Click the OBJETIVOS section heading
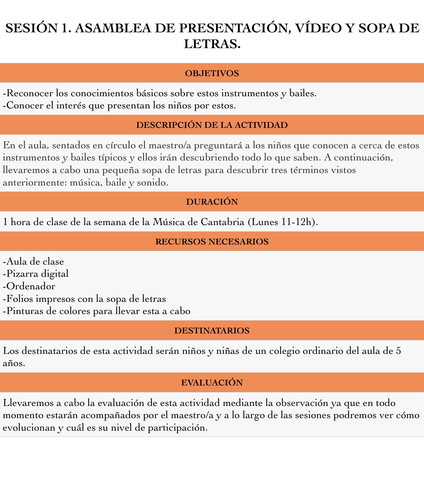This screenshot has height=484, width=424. (212, 73)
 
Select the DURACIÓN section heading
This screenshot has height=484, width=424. (212, 202)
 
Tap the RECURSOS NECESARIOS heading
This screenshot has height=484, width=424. (212, 242)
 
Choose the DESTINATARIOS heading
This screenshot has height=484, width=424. (212, 330)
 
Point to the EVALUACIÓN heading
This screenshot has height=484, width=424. (212, 383)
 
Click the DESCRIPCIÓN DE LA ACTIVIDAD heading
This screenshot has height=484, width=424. (212, 125)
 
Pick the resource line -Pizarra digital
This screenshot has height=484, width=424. (36, 273)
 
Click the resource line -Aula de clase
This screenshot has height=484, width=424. (33, 261)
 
